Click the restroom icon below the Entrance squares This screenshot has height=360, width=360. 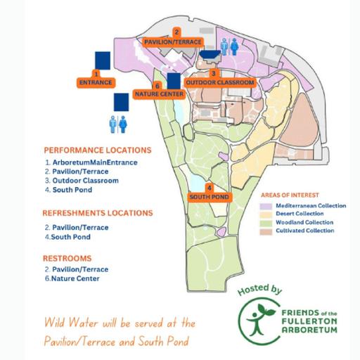click(x=118, y=124)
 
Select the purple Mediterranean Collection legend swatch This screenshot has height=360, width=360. click(x=266, y=206)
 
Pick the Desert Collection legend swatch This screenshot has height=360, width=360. click(x=266, y=214)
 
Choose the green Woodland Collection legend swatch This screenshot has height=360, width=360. click(x=266, y=223)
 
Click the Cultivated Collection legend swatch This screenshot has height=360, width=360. click(x=266, y=231)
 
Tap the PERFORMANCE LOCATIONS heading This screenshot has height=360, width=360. click(x=98, y=150)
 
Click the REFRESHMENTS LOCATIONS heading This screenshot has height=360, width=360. click(x=98, y=213)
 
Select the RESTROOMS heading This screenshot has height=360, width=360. click(x=67, y=258)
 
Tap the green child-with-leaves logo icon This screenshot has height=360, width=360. click(x=259, y=320)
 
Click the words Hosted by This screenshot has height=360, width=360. click(x=259, y=290)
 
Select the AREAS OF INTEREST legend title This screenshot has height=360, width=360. click(x=290, y=195)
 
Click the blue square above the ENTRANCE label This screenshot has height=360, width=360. click(x=103, y=60)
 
